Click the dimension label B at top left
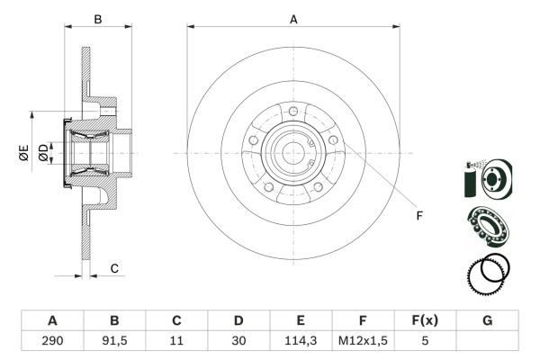tap(98, 17)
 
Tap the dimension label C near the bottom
tap(114, 268)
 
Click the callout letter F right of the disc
tap(419, 214)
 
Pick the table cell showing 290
tap(52, 341)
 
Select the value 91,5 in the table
tap(114, 341)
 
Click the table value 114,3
tap(301, 341)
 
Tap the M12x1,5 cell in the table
tap(363, 341)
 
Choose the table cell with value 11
tap(176, 341)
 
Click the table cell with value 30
tap(238, 341)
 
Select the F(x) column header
tap(425, 320)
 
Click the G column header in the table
tap(487, 320)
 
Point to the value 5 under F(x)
tap(425, 341)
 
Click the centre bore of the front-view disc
tap(293, 153)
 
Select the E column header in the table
tap(301, 320)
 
